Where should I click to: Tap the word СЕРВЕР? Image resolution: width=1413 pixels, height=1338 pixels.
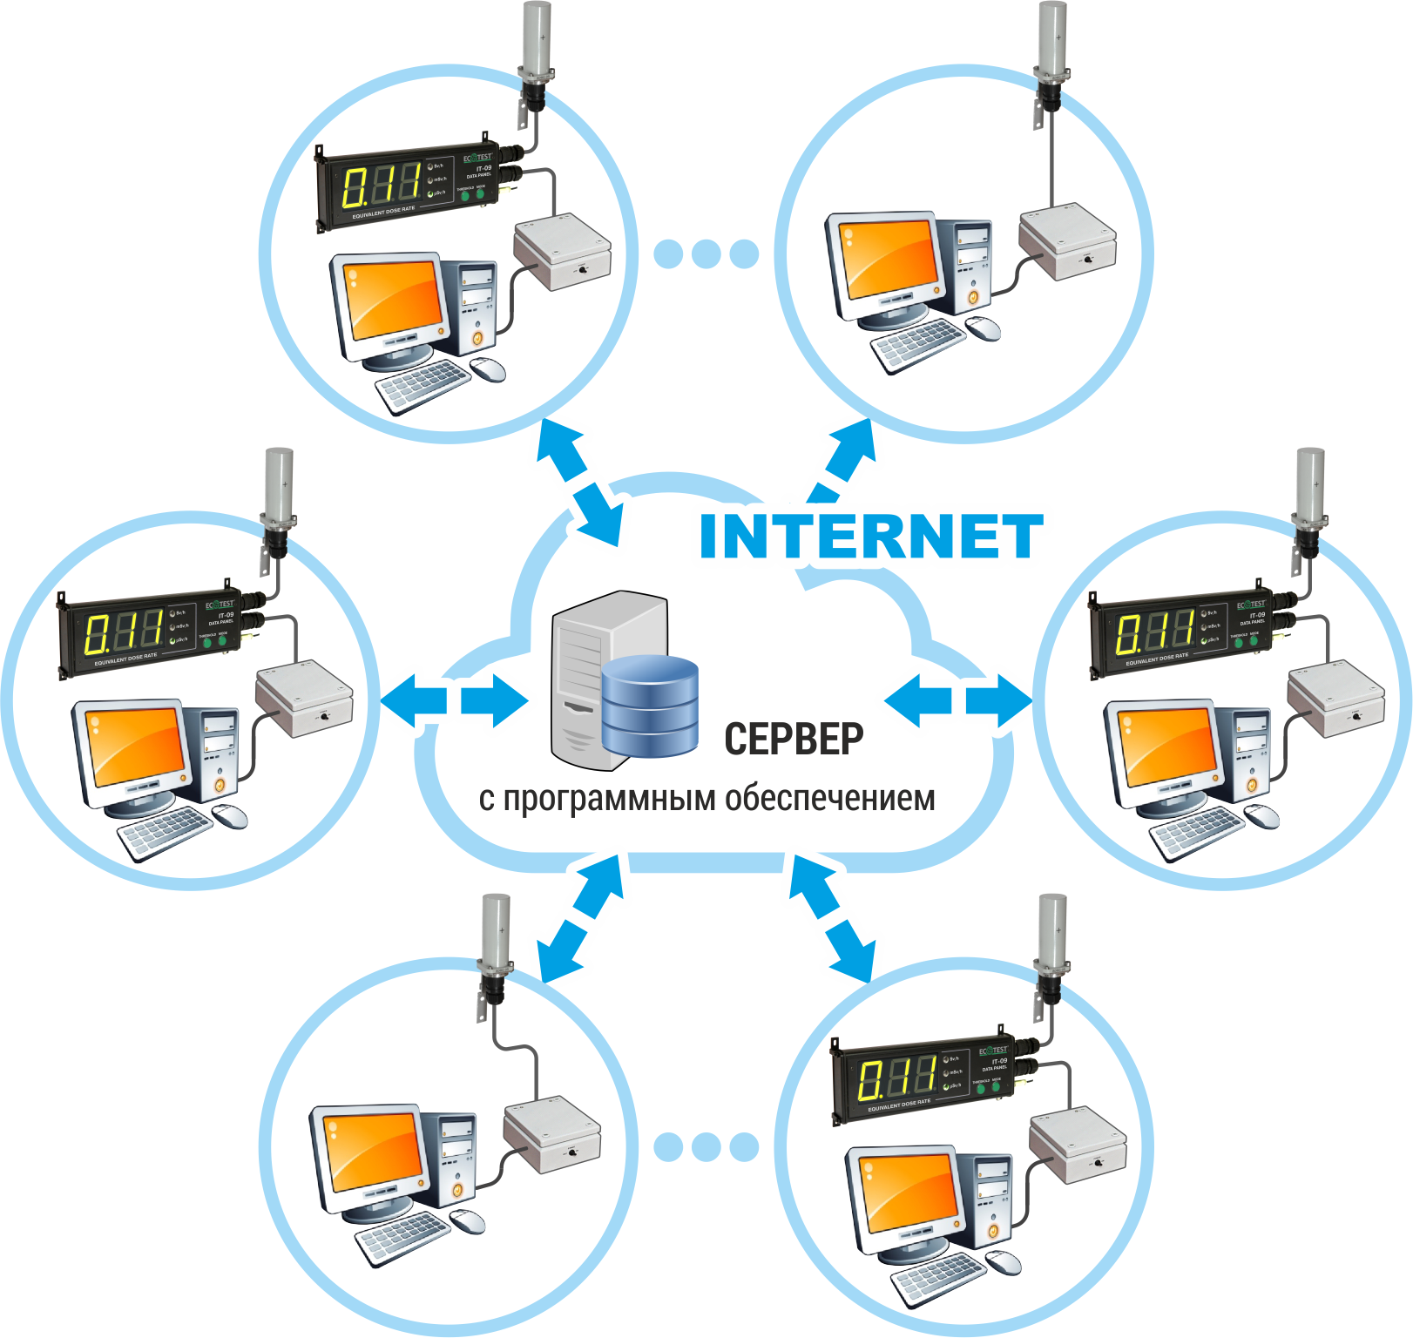click(794, 739)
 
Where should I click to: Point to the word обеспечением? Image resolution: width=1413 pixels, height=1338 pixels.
click(830, 798)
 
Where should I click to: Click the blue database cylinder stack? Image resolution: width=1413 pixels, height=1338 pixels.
click(650, 705)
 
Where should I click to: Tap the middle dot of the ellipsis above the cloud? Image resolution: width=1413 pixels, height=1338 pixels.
click(706, 253)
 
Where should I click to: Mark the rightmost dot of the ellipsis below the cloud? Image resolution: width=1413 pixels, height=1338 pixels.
click(743, 1146)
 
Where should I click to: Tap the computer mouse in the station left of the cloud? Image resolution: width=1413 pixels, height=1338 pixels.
click(231, 816)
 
